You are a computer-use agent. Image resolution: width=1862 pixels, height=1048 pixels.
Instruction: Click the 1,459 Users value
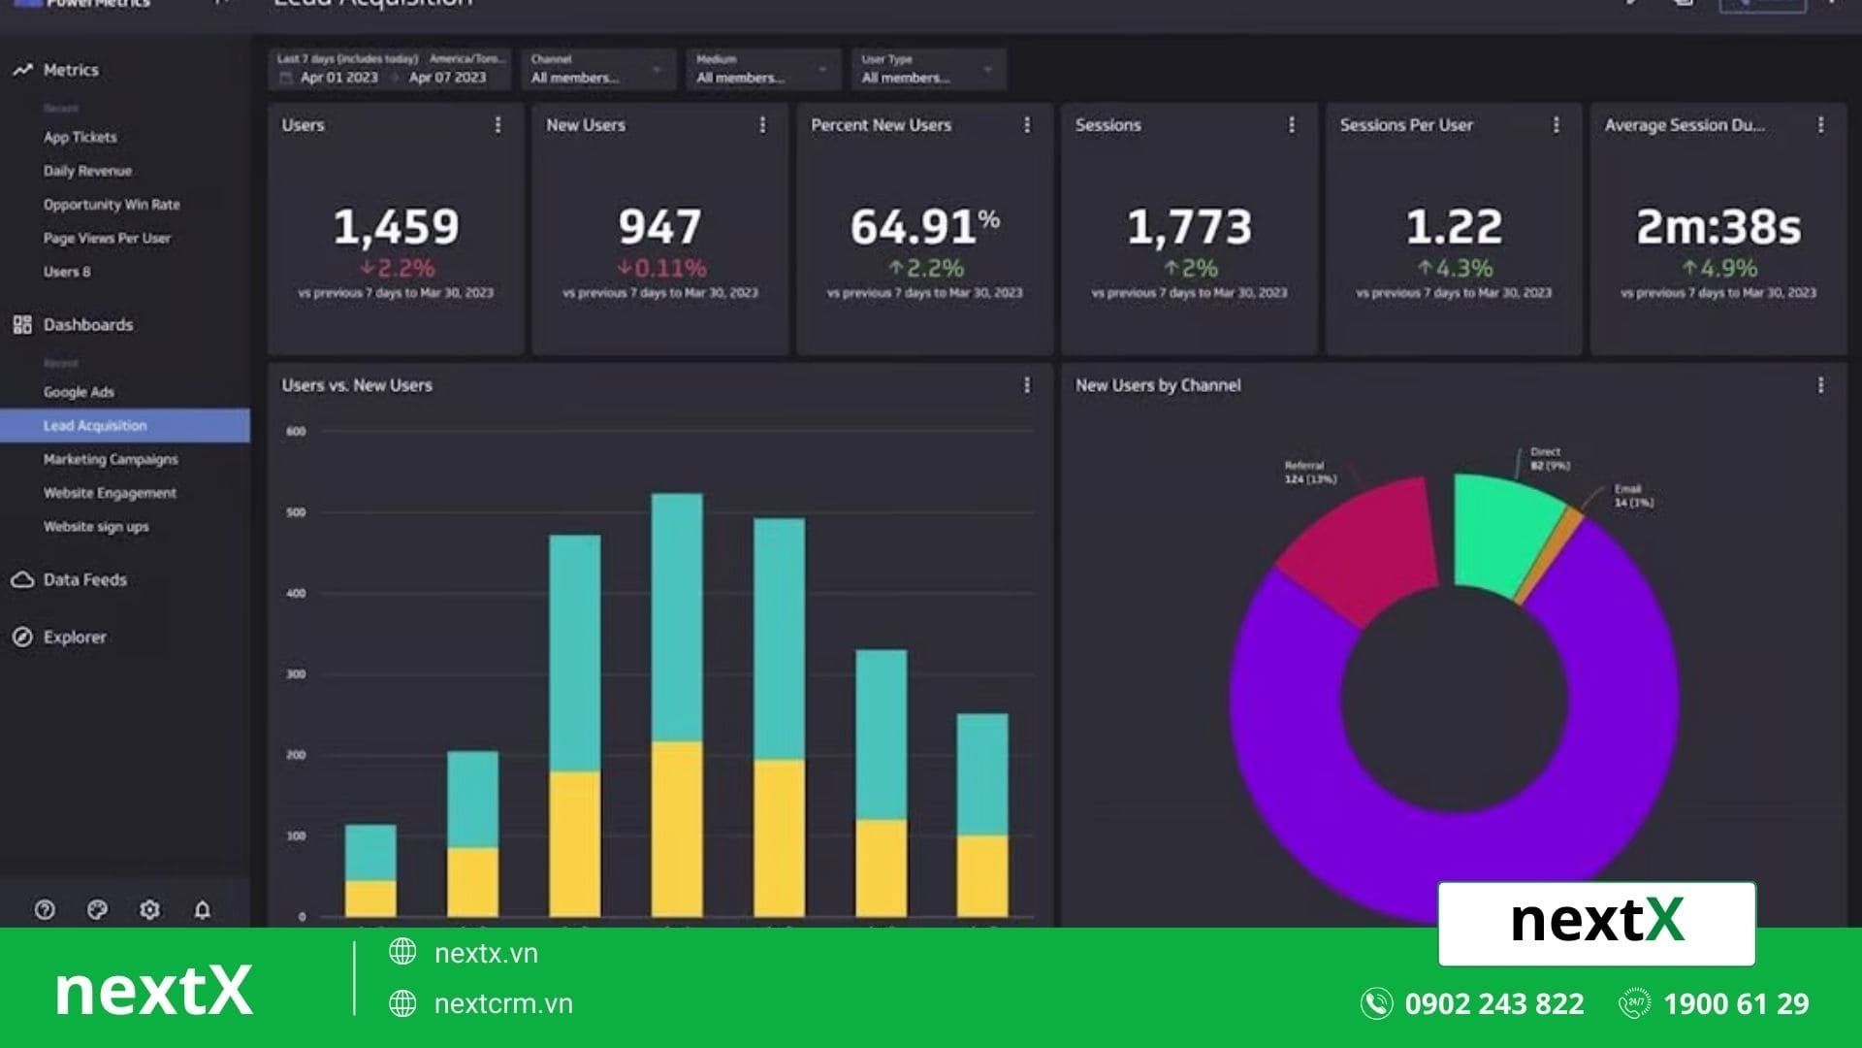[x=396, y=227]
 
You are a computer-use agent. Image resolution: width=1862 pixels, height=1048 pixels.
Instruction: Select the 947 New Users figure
[x=659, y=227]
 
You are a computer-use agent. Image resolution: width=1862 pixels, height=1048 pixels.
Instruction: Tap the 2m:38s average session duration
[x=1718, y=227]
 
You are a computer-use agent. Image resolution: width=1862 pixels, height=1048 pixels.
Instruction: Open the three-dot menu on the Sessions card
[x=1291, y=125]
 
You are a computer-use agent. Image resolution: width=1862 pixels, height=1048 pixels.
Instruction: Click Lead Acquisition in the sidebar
[x=95, y=425]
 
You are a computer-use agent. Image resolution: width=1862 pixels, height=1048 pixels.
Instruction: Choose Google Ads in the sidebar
[x=79, y=392]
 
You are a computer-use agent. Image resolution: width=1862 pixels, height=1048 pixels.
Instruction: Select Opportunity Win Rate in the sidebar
[x=112, y=205]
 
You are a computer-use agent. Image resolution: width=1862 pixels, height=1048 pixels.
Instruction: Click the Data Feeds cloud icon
[x=22, y=579]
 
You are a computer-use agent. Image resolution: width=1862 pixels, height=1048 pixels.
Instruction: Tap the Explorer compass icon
[x=22, y=638]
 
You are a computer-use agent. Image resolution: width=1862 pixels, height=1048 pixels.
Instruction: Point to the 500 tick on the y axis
[x=296, y=512]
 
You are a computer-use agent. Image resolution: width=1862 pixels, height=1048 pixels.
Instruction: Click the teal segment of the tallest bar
[x=677, y=616]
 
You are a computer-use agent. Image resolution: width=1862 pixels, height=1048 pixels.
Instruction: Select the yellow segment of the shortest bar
[x=370, y=898]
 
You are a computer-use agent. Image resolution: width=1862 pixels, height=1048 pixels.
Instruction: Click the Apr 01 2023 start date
[x=338, y=78]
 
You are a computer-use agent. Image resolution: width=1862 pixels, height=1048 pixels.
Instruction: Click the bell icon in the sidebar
[x=202, y=910]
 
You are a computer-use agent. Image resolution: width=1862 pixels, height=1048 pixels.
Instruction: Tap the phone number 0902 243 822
[x=1493, y=1003]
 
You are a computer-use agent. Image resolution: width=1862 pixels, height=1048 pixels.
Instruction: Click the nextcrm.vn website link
[x=502, y=1003]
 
